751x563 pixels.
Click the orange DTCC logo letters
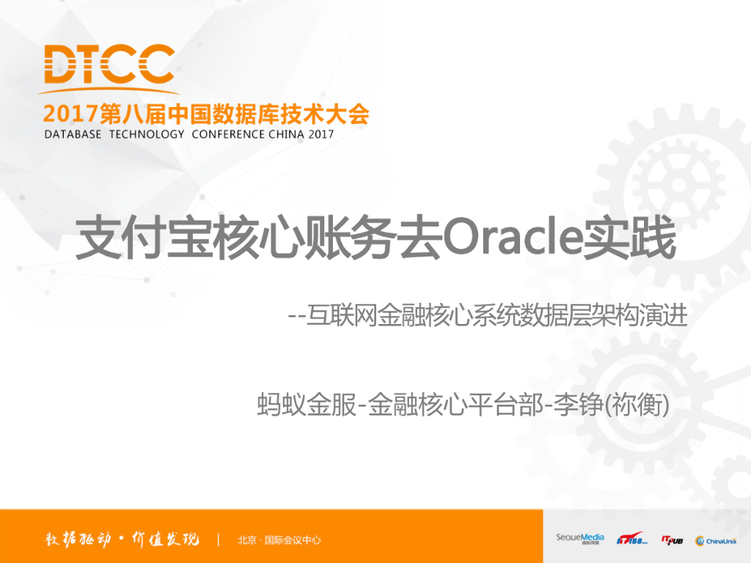click(109, 65)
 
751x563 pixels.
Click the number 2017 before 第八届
click(70, 114)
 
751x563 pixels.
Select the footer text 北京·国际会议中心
click(279, 540)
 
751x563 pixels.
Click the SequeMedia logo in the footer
click(579, 539)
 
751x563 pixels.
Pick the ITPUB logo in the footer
click(672, 540)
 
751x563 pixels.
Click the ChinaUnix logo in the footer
click(716, 540)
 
